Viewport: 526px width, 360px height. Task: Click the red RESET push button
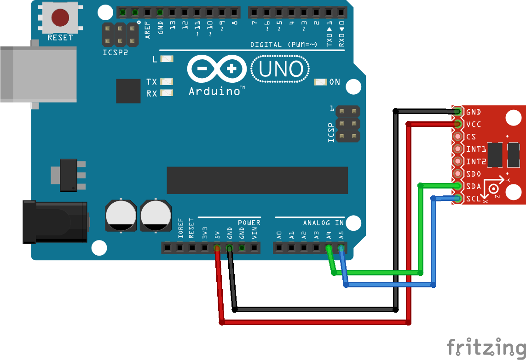pos(60,17)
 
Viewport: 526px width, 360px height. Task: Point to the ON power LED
pos(320,82)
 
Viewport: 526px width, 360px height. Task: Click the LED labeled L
pos(166,59)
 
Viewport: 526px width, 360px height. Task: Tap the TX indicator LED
pos(166,81)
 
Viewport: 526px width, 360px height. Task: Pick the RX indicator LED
pos(166,93)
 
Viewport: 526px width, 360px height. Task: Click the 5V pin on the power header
pos(217,249)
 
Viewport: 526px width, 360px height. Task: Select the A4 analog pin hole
pos(328,249)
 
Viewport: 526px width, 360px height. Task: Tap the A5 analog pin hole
pos(341,249)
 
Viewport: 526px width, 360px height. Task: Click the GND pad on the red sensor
pos(457,112)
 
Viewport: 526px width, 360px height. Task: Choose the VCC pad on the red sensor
pos(457,124)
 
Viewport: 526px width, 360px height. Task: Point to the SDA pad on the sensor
pos(457,186)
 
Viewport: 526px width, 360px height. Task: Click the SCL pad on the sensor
pos(457,199)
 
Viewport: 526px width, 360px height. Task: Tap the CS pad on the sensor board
pos(457,137)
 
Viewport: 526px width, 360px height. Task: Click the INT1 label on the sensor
pos(476,149)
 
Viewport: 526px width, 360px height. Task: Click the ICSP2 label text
pos(115,52)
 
